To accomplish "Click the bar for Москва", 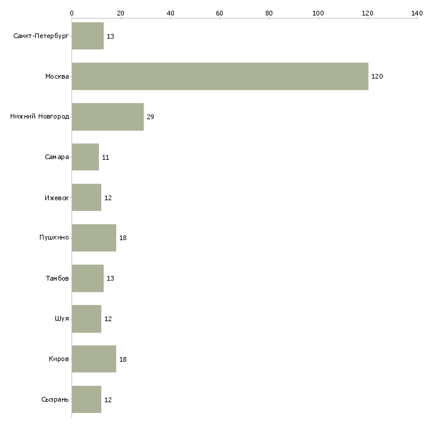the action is (220, 76).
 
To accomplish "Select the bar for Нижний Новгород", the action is (108, 117).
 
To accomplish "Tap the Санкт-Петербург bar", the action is (88, 36).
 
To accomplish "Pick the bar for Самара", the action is (85, 157).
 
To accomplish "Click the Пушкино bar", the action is (94, 238).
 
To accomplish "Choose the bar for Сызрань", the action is (86, 399).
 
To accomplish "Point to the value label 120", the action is (377, 76).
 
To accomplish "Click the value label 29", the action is (150, 117).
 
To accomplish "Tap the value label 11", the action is (105, 157).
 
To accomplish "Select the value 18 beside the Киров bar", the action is (123, 359).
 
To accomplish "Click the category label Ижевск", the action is (57, 198).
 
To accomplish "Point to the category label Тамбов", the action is (57, 278).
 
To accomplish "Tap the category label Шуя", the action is (61, 318).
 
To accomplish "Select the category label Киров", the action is (58, 359).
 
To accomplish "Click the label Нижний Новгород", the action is (40, 116).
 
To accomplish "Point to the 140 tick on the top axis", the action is (417, 13).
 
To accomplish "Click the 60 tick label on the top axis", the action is (219, 13).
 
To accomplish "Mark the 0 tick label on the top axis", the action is (72, 13).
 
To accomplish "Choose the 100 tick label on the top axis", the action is (318, 13).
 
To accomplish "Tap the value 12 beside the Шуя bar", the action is (108, 319).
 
